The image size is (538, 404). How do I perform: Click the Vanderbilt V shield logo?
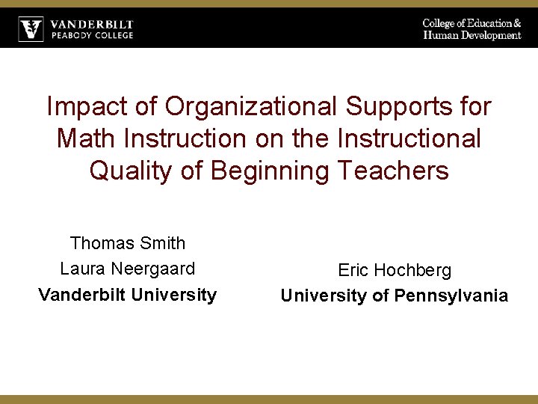point(31,29)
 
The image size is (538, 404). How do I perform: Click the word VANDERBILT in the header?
point(92,25)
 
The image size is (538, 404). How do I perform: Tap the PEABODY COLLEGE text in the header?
point(92,35)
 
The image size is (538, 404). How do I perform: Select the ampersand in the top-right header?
point(517,24)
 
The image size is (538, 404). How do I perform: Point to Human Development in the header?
point(471,35)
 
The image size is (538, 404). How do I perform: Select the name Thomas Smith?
point(127,243)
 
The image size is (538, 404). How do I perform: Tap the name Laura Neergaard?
point(127,269)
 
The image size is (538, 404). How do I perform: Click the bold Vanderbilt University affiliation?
point(127,295)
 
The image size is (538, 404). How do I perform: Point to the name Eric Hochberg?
point(395,270)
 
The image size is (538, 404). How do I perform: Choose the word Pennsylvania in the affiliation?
point(451,296)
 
